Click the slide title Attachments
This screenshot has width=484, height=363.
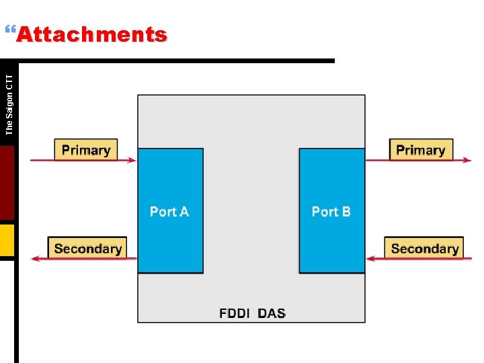[91, 34]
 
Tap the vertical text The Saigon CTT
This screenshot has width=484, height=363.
[9, 104]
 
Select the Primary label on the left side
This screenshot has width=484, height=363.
[86, 150]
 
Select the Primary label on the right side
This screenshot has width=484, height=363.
[421, 150]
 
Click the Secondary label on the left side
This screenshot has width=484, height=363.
[87, 249]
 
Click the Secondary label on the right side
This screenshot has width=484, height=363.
[424, 249]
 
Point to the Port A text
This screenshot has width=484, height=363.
[169, 212]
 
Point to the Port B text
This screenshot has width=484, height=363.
[331, 212]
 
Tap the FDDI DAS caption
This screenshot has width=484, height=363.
[252, 313]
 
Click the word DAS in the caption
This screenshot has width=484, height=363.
[272, 313]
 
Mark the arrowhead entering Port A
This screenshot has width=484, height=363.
[132, 160]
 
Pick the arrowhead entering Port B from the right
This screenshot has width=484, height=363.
[369, 259]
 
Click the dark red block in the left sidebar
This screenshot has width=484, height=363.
[7, 183]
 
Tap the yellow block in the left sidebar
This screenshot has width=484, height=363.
[7, 240]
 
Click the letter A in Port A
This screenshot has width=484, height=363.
[184, 212]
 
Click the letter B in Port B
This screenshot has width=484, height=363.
[346, 212]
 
